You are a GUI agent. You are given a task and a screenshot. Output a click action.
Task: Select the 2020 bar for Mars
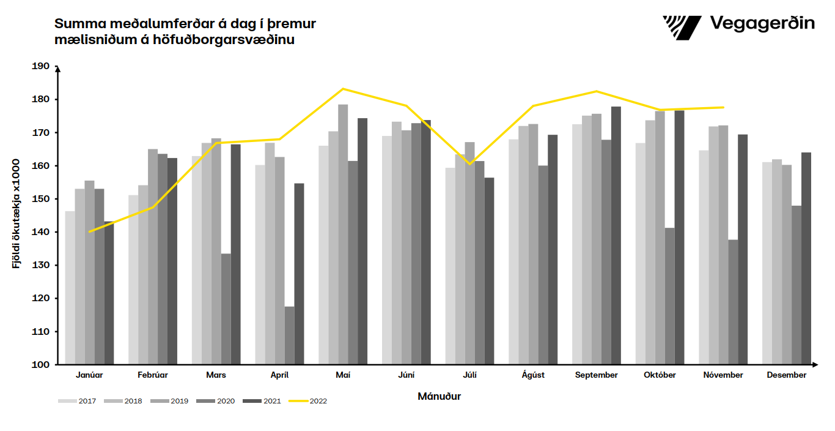tap(226, 309)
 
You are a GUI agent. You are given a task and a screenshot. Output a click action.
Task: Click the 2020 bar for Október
tap(670, 296)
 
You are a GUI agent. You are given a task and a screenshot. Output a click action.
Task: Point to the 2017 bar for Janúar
tap(70, 288)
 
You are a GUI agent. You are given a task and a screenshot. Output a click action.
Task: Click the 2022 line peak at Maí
tap(343, 89)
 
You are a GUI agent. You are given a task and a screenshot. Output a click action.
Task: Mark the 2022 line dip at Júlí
tap(470, 164)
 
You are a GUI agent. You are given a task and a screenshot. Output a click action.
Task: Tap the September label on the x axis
tap(597, 375)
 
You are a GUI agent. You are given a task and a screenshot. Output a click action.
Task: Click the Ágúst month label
tap(533, 375)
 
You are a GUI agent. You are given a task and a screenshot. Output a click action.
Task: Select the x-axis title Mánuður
tap(439, 396)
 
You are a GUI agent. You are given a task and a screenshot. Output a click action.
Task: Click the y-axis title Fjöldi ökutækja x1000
tap(16, 214)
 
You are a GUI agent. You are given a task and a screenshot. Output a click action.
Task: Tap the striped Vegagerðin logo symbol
tap(682, 28)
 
